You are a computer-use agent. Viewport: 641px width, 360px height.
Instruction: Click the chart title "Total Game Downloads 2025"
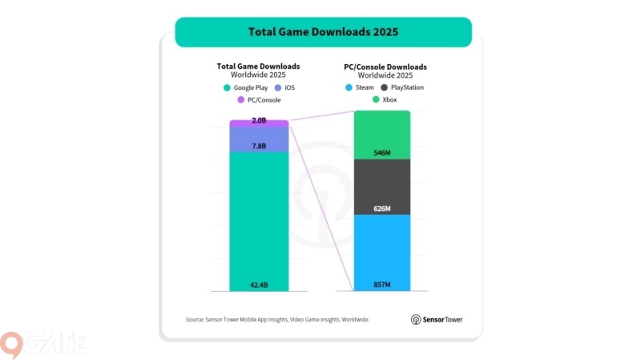[324, 33]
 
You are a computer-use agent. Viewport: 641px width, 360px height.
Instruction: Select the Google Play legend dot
[228, 87]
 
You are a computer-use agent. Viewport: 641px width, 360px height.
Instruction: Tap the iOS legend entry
[284, 87]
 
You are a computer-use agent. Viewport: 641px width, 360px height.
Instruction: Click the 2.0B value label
[259, 121]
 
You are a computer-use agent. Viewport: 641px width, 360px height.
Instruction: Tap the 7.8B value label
[259, 146]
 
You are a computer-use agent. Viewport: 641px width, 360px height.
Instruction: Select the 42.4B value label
[259, 285]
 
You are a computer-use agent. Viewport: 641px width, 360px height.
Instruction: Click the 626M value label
[381, 208]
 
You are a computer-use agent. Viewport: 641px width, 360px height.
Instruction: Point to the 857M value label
[381, 285]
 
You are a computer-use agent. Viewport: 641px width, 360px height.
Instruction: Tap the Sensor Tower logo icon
[416, 319]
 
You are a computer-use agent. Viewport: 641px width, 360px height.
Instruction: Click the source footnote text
[277, 319]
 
